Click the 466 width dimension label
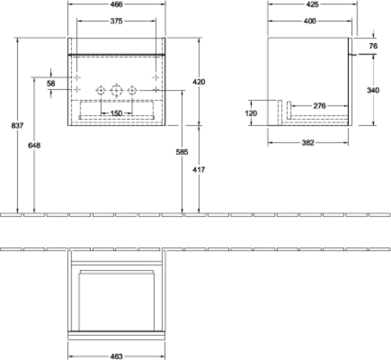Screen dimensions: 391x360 point(117,4)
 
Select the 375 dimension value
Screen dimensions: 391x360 point(117,21)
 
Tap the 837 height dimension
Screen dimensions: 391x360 point(17,125)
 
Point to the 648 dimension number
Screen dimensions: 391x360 point(34,146)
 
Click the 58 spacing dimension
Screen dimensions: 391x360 point(51,84)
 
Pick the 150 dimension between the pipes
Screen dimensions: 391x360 point(117,113)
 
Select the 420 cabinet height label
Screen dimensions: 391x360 point(199,82)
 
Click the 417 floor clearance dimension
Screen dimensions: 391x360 point(199,170)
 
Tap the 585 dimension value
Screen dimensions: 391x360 point(181,152)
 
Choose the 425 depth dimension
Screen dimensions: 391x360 point(312,4)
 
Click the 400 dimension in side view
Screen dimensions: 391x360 point(310,21)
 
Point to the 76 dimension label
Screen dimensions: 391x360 point(373,46)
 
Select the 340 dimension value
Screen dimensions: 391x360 point(373,90)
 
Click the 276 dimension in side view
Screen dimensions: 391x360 point(319,106)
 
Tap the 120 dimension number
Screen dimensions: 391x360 point(251,113)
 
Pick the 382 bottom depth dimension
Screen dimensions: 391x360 point(308,142)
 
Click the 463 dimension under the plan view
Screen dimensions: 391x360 point(117,356)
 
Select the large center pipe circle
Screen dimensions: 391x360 point(117,85)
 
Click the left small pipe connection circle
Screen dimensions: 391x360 point(101,87)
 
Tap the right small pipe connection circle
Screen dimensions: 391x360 point(132,87)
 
